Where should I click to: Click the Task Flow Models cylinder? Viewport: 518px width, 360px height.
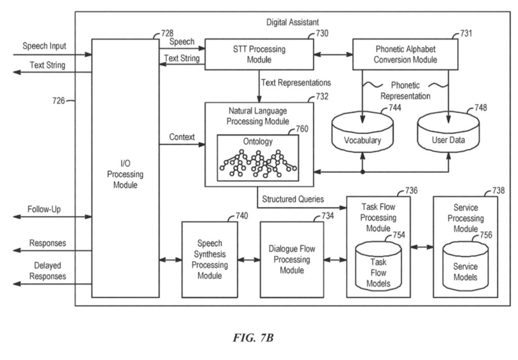click(x=378, y=268)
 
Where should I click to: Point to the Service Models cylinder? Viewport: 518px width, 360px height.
click(x=465, y=268)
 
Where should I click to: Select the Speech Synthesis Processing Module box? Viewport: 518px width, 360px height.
click(x=209, y=259)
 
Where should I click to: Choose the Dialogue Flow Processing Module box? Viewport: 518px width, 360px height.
click(x=292, y=259)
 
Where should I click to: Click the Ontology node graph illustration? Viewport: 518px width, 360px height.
click(x=257, y=163)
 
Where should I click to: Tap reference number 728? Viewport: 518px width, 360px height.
click(x=167, y=33)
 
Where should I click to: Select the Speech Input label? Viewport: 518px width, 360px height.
click(x=44, y=47)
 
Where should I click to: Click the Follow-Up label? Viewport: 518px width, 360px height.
click(x=45, y=209)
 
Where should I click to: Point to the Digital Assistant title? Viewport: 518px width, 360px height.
click(x=292, y=22)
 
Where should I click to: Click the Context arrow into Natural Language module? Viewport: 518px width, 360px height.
click(x=182, y=145)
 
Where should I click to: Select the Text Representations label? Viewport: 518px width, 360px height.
click(x=296, y=82)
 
